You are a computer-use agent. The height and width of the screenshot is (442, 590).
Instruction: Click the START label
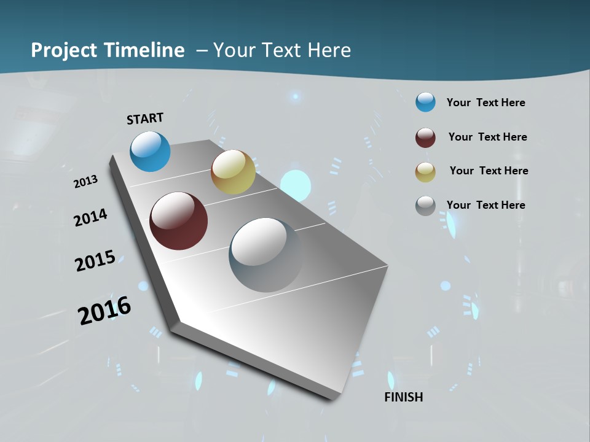click(145, 118)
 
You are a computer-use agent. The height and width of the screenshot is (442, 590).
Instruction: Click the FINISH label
click(403, 397)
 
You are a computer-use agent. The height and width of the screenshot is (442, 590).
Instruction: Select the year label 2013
click(86, 182)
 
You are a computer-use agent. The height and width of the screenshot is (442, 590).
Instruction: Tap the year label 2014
click(91, 217)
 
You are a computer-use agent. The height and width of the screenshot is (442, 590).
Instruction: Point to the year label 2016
click(104, 311)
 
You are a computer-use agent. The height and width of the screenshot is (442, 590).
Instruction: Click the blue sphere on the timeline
click(150, 151)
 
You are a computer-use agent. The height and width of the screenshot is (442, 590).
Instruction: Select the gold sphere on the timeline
click(233, 172)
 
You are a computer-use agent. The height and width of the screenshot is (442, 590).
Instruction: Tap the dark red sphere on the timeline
click(178, 221)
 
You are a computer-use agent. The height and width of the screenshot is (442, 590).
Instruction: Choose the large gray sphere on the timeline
click(265, 255)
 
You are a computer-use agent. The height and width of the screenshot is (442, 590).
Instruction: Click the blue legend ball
click(425, 103)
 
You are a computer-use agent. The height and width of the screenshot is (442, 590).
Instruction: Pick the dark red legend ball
click(425, 138)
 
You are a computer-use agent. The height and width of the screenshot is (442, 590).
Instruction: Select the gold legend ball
click(425, 172)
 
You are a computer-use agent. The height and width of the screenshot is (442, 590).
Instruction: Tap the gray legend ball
click(425, 206)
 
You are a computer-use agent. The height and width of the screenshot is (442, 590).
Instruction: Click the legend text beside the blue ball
click(486, 103)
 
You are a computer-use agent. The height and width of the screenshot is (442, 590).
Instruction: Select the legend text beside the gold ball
click(489, 171)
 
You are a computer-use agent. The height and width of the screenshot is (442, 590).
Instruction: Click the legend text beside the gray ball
click(486, 205)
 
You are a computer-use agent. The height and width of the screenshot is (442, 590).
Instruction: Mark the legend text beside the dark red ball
click(487, 137)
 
